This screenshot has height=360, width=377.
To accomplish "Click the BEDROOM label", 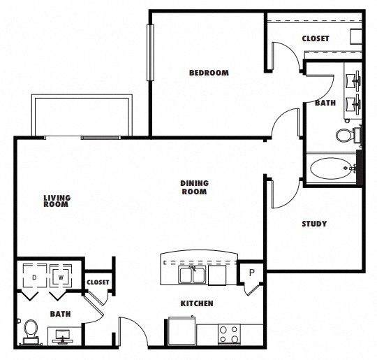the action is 209,73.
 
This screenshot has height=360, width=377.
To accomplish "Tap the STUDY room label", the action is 314,224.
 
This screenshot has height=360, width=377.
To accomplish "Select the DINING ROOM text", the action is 194,187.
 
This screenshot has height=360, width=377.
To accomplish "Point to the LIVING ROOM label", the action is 57,201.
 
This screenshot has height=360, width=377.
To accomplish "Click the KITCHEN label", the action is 197,303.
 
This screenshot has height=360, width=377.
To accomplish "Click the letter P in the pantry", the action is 252,273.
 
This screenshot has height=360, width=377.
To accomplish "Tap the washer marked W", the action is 61,276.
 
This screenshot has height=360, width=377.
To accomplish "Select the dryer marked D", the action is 35,276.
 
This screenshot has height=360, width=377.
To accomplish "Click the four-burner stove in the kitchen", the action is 229,334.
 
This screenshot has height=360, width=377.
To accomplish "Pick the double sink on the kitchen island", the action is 192,275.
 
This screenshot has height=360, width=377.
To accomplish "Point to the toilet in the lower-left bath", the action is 31,332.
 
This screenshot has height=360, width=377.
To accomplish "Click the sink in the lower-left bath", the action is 63,336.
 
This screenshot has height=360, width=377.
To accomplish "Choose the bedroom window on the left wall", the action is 150,52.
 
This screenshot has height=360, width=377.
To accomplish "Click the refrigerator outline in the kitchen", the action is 182,331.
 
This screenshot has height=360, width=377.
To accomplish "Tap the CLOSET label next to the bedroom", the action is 316,38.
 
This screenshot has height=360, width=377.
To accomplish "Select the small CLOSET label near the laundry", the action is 98,282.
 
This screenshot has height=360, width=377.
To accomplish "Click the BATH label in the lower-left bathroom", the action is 60,314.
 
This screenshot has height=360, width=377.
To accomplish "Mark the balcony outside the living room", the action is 82,116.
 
